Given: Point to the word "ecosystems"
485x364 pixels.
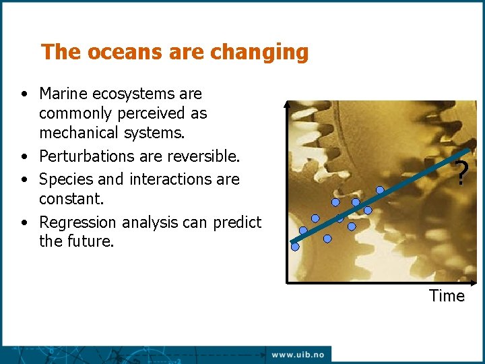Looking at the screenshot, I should coord(138,94).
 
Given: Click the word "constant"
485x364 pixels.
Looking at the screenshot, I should coord(69,199).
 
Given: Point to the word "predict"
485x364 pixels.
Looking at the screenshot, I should coord(237,222).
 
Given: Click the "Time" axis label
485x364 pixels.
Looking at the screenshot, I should coord(447,296).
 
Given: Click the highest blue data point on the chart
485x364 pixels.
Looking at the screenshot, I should coord(380,190).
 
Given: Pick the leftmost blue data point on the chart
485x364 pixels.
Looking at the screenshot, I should coord(295,247).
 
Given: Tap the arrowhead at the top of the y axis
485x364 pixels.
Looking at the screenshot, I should coord(287,104).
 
